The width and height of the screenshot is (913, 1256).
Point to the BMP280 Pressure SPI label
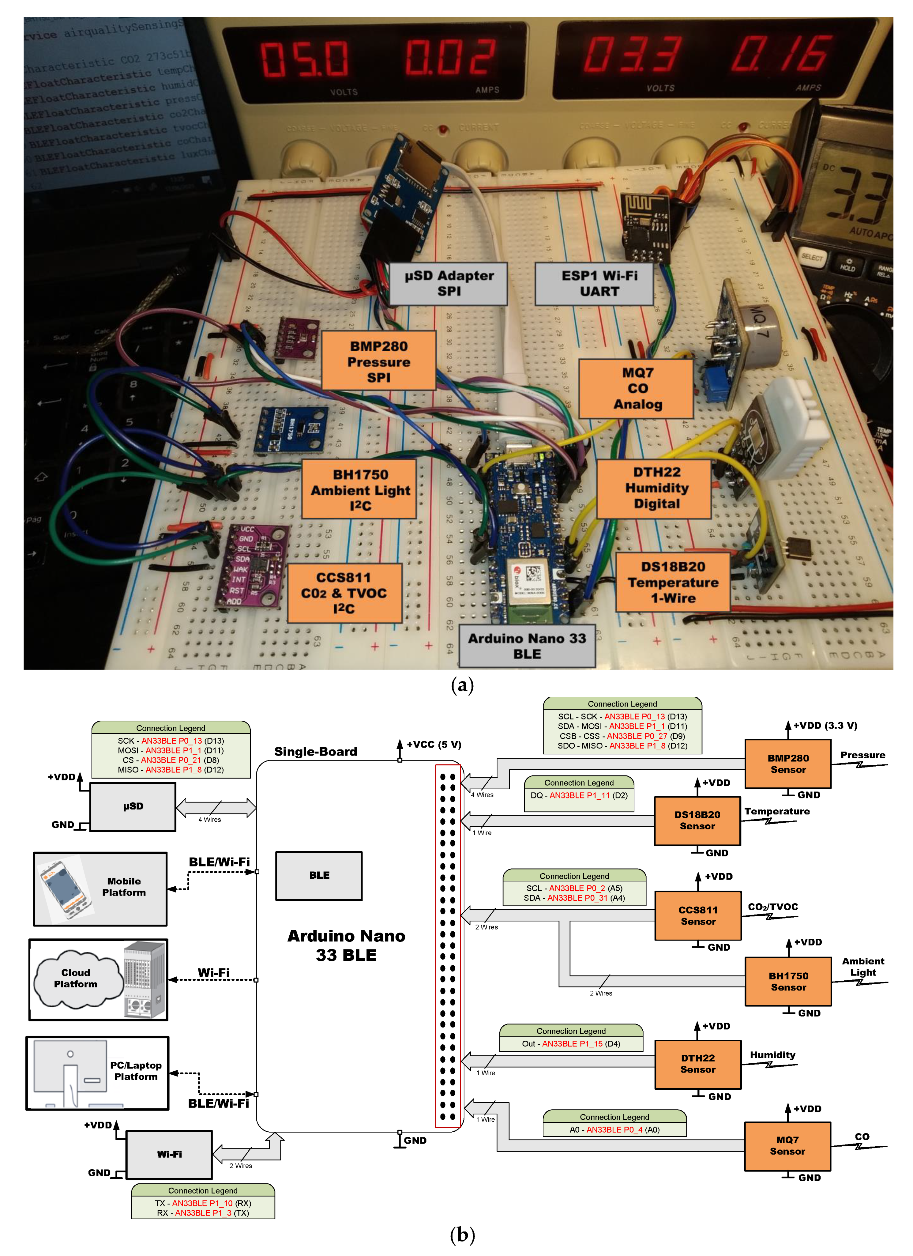[379, 361]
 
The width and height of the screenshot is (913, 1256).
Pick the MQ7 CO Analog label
[637, 388]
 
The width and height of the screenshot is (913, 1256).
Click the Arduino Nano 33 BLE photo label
[527, 646]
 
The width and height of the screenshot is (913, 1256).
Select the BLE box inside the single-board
[319, 875]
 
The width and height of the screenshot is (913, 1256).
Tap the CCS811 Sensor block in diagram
[698, 915]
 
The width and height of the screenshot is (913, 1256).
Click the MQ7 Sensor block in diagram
[787, 1145]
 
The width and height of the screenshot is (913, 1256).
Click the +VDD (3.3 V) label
[825, 726]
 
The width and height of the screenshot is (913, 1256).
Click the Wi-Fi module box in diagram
[169, 1154]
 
